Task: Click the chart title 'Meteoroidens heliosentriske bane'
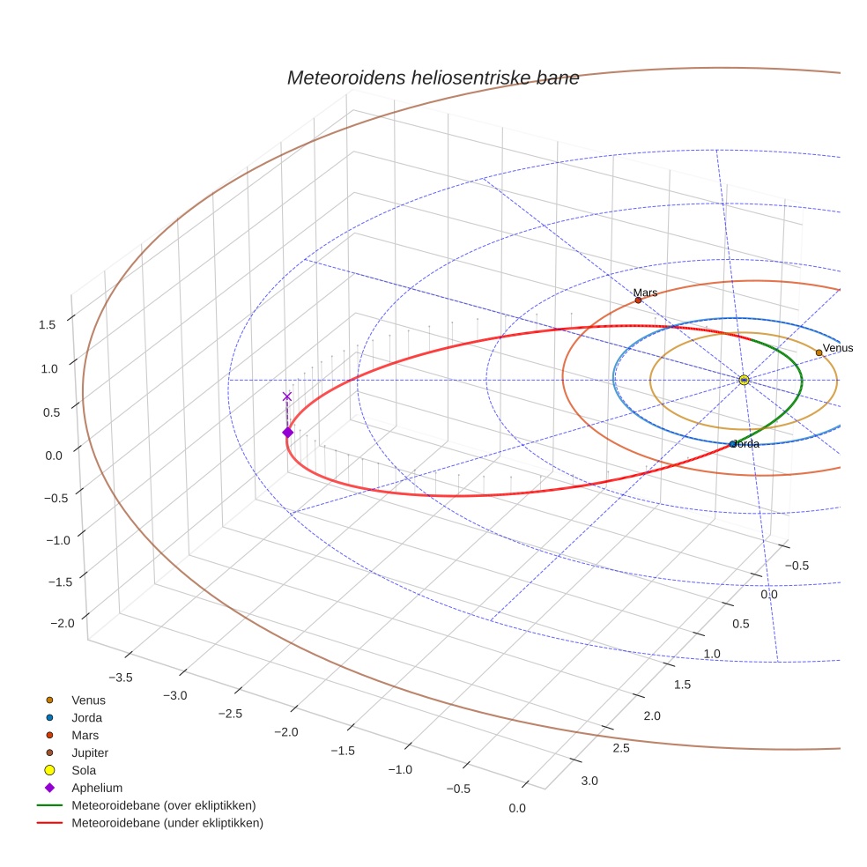pyautogui.click(x=433, y=78)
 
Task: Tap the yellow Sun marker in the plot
pyautogui.click(x=744, y=380)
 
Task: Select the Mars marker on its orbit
pyautogui.click(x=638, y=300)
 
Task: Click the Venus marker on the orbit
pyautogui.click(x=819, y=352)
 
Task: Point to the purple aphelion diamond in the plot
pyautogui.click(x=287, y=432)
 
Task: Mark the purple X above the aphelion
pyautogui.click(x=286, y=396)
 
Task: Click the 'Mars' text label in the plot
pyautogui.click(x=645, y=293)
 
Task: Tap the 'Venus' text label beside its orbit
pyautogui.click(x=838, y=348)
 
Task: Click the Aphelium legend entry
pyautogui.click(x=96, y=788)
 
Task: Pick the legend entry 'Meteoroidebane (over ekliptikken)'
pyautogui.click(x=163, y=805)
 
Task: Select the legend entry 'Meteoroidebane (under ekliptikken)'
pyautogui.click(x=167, y=823)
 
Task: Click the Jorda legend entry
pyautogui.click(x=86, y=717)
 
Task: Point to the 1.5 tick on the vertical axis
pyautogui.click(x=47, y=324)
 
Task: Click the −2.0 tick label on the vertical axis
pyautogui.click(x=62, y=623)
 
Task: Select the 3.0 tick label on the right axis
pyautogui.click(x=589, y=781)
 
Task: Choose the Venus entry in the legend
pyautogui.click(x=88, y=700)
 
